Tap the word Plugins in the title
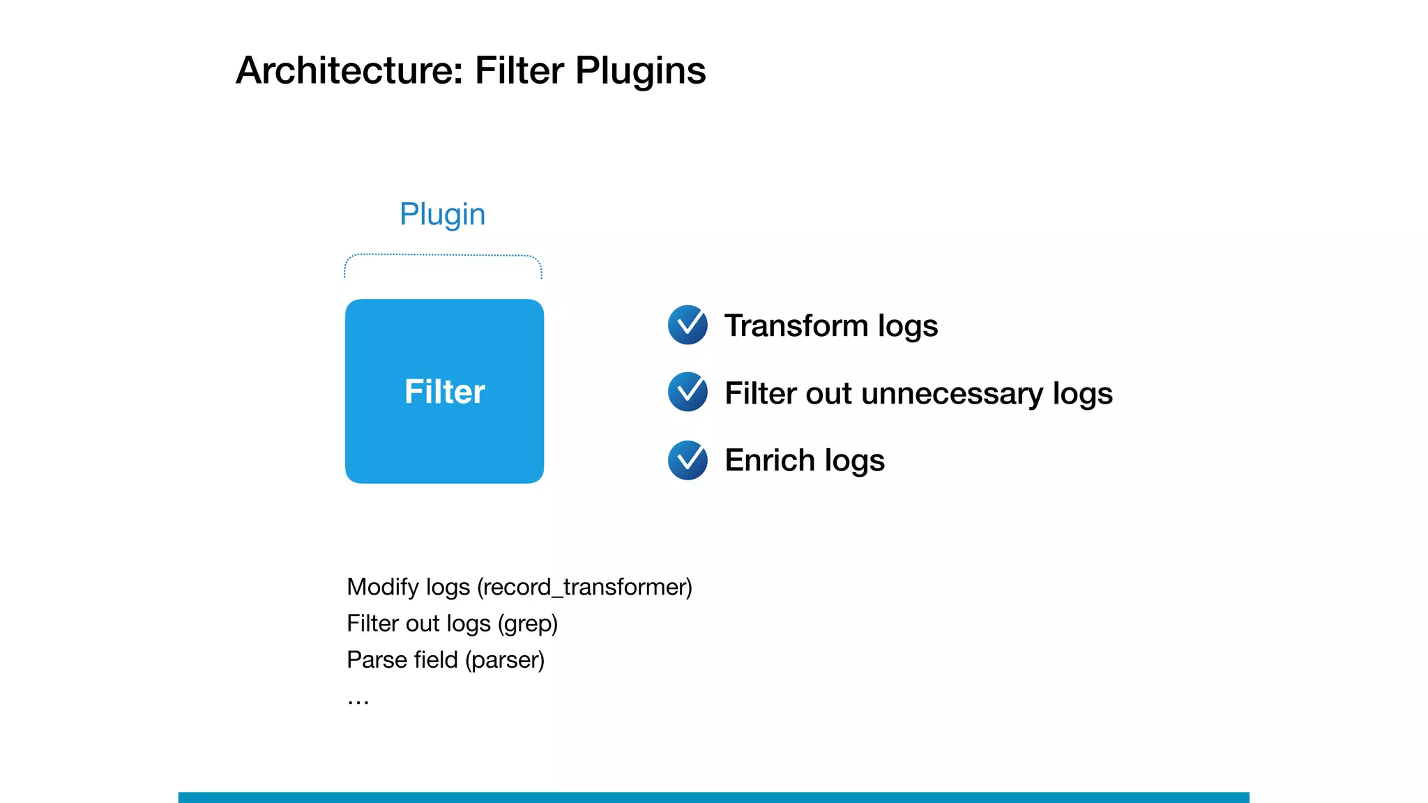[x=640, y=71]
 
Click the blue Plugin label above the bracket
[x=442, y=214]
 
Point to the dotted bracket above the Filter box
[x=443, y=255]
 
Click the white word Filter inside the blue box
[x=444, y=392]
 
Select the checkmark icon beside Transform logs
[x=688, y=325]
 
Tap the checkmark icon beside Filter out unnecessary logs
[x=688, y=392]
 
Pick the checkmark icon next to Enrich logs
[x=688, y=460]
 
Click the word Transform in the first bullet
[x=795, y=326]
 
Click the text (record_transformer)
[x=584, y=588]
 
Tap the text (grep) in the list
[x=528, y=624]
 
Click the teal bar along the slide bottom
[x=713, y=797]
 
